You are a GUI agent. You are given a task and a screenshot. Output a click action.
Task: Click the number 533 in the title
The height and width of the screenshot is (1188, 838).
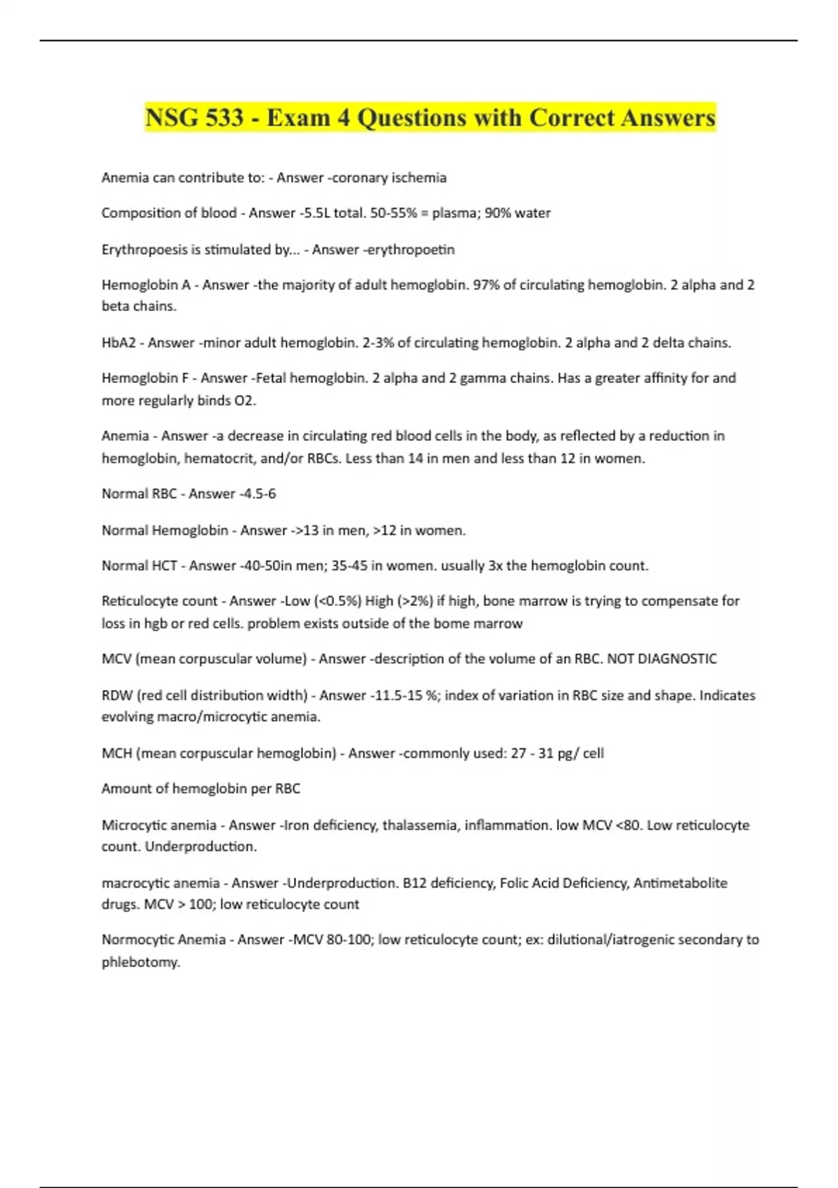223,117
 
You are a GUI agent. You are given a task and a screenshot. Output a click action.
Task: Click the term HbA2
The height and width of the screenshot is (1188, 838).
119,342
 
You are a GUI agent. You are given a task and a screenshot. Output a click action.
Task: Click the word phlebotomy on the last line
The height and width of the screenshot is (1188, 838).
140,962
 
